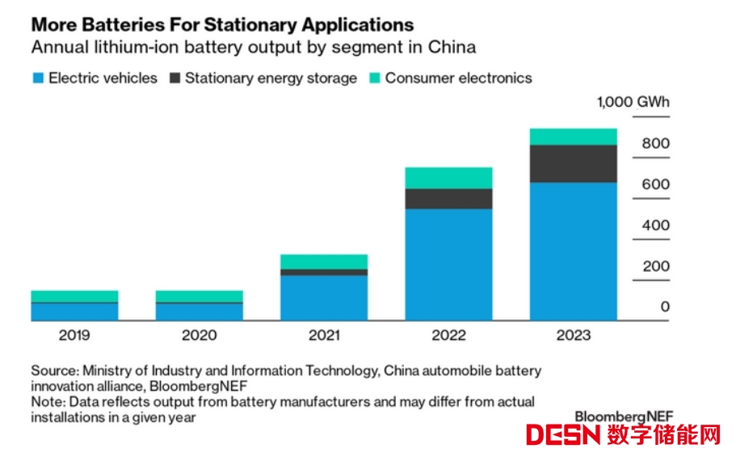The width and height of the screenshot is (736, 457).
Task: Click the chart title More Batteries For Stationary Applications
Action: click(x=222, y=24)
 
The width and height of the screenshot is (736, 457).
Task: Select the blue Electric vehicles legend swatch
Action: click(x=37, y=78)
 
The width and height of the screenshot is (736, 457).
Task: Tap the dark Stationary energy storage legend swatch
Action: click(x=175, y=78)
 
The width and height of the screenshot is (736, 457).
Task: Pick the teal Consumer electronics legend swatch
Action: click(x=375, y=78)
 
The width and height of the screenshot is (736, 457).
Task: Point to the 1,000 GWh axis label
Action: click(x=633, y=103)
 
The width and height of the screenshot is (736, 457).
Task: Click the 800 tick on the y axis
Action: click(x=656, y=144)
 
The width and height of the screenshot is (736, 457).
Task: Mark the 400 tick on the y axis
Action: click(x=656, y=226)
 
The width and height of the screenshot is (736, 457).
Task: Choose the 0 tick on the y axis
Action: click(x=665, y=307)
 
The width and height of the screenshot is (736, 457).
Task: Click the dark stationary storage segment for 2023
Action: click(x=574, y=163)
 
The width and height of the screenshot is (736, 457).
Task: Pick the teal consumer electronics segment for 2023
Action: click(x=574, y=137)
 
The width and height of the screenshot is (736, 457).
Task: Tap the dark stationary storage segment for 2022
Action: click(x=448, y=199)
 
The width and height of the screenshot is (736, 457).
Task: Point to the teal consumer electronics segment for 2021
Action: click(x=324, y=262)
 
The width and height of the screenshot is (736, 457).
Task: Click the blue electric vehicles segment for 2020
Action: click(x=199, y=312)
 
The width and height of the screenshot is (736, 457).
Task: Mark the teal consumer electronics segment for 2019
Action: click(x=74, y=296)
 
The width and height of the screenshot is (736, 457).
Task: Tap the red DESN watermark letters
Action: click(x=563, y=435)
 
